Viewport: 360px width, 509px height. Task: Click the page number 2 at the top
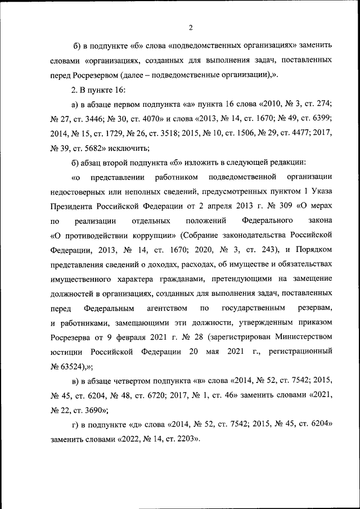191,28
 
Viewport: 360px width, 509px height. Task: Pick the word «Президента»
71,208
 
